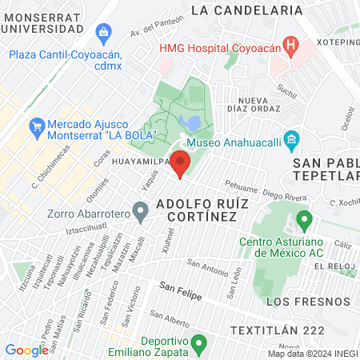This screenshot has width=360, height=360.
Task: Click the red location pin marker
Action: [x=181, y=161]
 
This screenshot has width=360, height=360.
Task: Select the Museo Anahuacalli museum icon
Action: [x=292, y=142]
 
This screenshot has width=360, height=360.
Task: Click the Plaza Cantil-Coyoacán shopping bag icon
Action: [x=102, y=33]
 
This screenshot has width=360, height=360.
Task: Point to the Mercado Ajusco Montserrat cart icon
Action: [x=36, y=126]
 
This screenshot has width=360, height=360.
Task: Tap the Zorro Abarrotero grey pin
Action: [x=141, y=212]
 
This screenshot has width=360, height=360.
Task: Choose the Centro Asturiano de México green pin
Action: [x=304, y=218]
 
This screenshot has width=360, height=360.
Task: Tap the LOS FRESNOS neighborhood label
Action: [x=307, y=302]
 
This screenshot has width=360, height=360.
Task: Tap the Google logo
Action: [x=26, y=350]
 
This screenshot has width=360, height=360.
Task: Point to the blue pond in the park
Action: [x=190, y=122]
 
